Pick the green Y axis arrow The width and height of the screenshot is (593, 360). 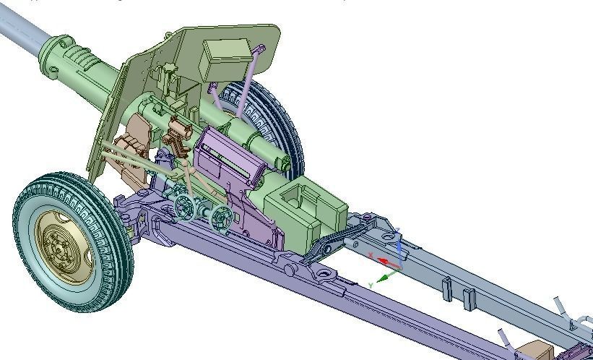387,276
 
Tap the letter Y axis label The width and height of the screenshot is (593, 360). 371,286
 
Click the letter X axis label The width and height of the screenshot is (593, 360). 371,254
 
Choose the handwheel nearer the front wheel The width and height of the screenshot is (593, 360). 186,208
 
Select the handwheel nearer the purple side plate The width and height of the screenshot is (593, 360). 220,215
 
